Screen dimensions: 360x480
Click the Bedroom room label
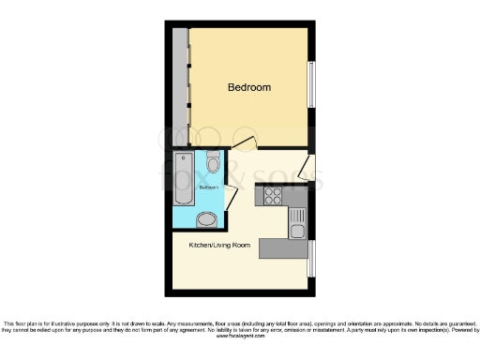pos(249,87)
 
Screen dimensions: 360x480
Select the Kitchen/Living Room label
pos(220,245)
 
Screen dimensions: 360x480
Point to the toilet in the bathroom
pos(213,165)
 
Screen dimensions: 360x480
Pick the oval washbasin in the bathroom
pos(207,219)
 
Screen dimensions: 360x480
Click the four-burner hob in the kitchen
pos(274,196)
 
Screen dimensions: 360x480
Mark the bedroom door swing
pos(244,143)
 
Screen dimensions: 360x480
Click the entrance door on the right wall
pos(305,170)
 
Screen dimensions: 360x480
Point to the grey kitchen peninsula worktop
pos(283,248)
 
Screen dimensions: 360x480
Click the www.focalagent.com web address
pos(240,336)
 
